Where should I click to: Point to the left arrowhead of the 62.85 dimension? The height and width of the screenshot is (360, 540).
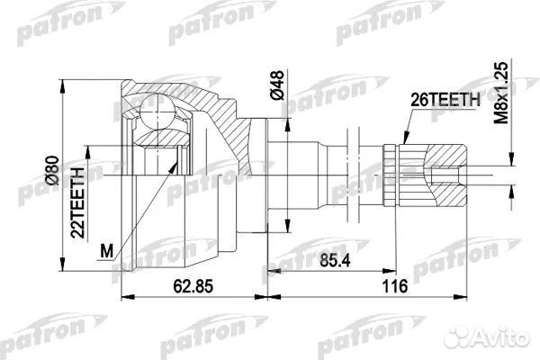(x=125, y=295)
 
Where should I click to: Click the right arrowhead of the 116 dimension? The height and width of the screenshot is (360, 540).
(x=474, y=295)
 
